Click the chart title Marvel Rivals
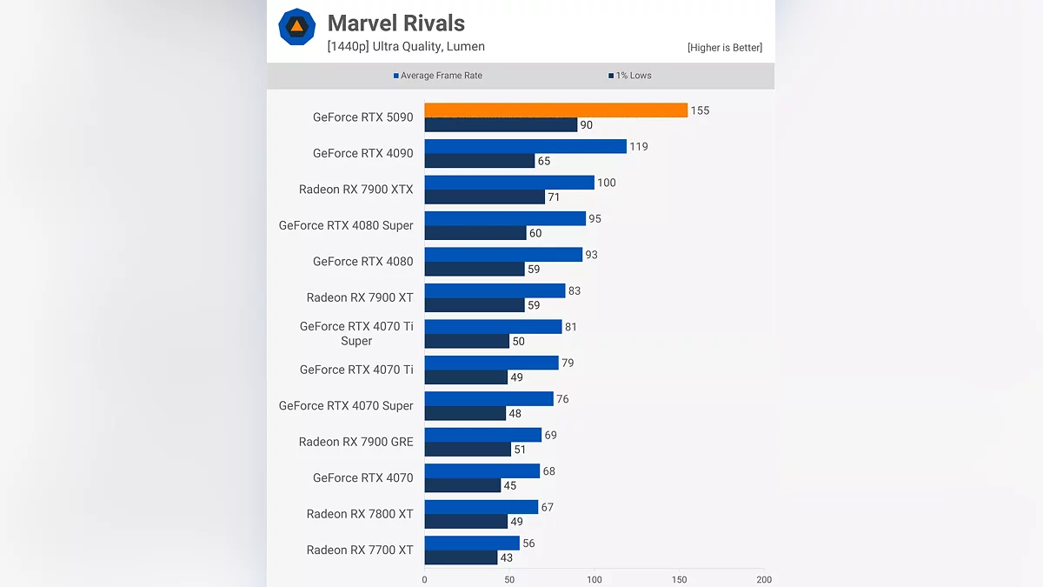point(395,23)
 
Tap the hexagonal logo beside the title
point(296,27)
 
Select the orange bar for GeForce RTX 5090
point(555,110)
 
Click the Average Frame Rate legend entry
point(438,76)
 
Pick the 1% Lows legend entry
point(630,76)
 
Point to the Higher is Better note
point(724,48)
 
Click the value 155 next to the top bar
point(701,110)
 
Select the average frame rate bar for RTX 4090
point(525,146)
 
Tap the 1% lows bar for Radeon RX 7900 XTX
point(484,197)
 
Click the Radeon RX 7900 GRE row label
point(355,442)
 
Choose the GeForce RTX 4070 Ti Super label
point(356,333)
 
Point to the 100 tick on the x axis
point(595,579)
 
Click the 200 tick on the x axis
point(764,579)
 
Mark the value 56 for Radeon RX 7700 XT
point(528,543)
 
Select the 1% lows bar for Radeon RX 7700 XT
point(461,557)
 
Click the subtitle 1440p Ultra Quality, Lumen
point(406,47)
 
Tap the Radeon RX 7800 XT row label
point(360,514)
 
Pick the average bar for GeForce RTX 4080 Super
point(505,218)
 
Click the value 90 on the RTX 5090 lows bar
point(587,125)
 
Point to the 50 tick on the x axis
point(509,579)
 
